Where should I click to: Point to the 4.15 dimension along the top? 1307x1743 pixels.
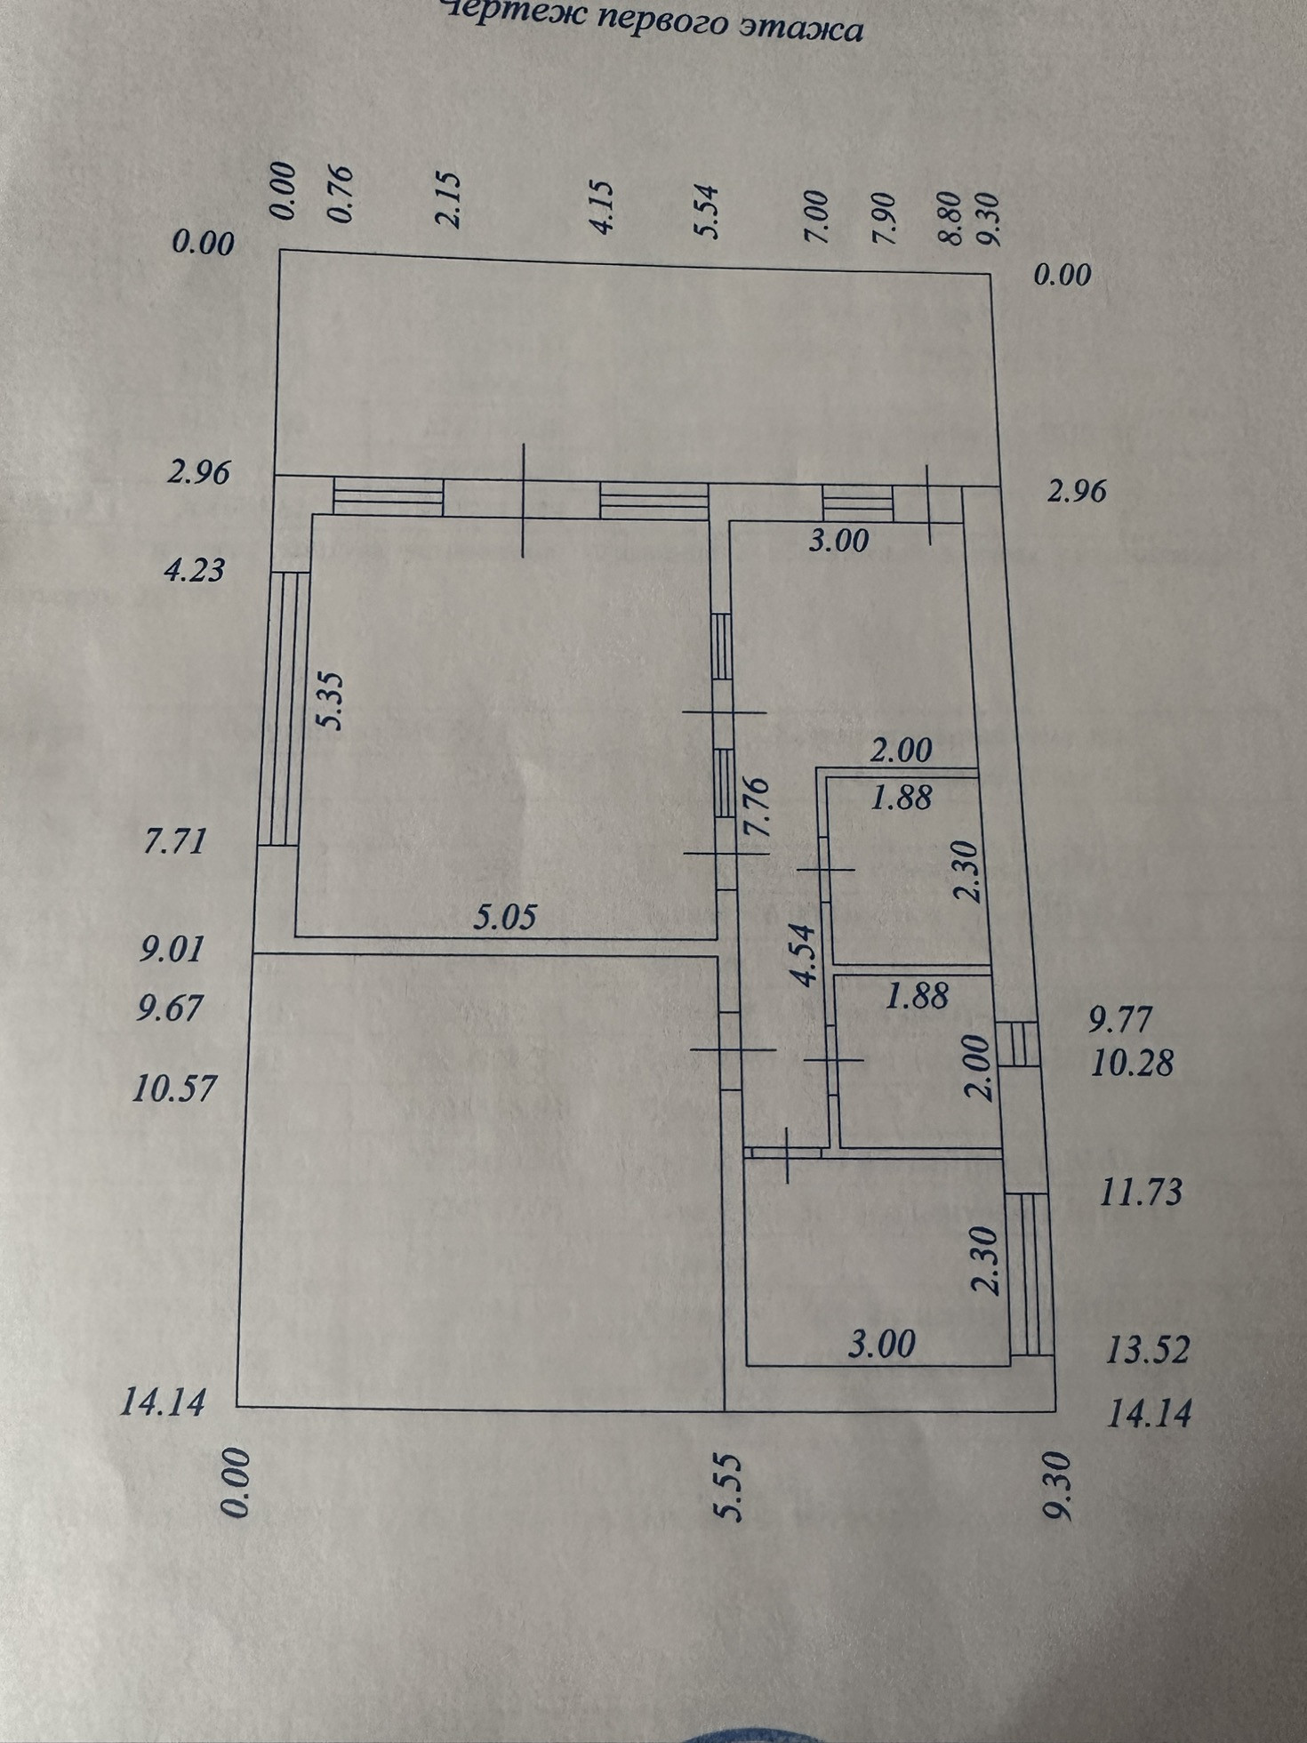pyautogui.click(x=603, y=206)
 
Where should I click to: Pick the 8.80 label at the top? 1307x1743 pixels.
pyautogui.click(x=951, y=218)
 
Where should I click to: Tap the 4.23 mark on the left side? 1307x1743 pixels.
pyautogui.click(x=195, y=569)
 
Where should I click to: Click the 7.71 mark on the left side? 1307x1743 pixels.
pyautogui.click(x=174, y=840)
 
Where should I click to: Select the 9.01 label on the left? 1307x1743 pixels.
pyautogui.click(x=172, y=949)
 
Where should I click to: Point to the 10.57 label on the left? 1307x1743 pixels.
pyautogui.click(x=174, y=1087)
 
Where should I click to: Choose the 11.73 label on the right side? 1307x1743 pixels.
pyautogui.click(x=1141, y=1192)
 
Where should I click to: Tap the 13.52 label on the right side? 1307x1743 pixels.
pyautogui.click(x=1147, y=1350)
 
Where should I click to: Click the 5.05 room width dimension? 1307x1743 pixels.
pyautogui.click(x=505, y=917)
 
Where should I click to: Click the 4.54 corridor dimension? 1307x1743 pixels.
pyautogui.click(x=805, y=955)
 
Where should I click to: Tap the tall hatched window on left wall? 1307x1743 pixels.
pyautogui.click(x=284, y=709)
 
